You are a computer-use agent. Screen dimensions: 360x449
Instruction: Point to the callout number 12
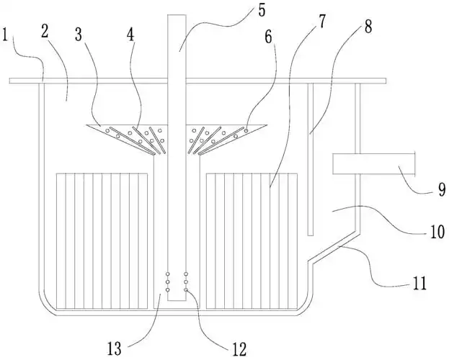(239, 349)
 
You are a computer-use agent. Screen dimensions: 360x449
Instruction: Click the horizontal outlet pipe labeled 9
(375, 164)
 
